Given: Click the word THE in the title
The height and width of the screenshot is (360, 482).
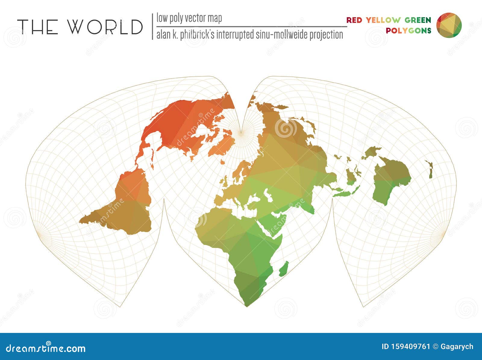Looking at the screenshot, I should (x=38, y=26).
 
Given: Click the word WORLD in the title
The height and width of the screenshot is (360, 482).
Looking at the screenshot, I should (x=105, y=26).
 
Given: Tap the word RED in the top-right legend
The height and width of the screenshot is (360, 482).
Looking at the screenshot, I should (x=354, y=20).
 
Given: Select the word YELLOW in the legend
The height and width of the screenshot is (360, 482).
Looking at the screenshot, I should (x=383, y=20).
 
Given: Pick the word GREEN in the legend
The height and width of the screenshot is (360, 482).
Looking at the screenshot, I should (x=418, y=20).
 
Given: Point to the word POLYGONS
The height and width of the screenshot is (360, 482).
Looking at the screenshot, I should (x=408, y=30).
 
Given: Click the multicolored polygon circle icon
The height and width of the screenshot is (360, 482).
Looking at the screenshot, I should (x=449, y=25).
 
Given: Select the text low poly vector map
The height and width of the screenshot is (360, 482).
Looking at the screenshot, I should (x=189, y=18).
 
